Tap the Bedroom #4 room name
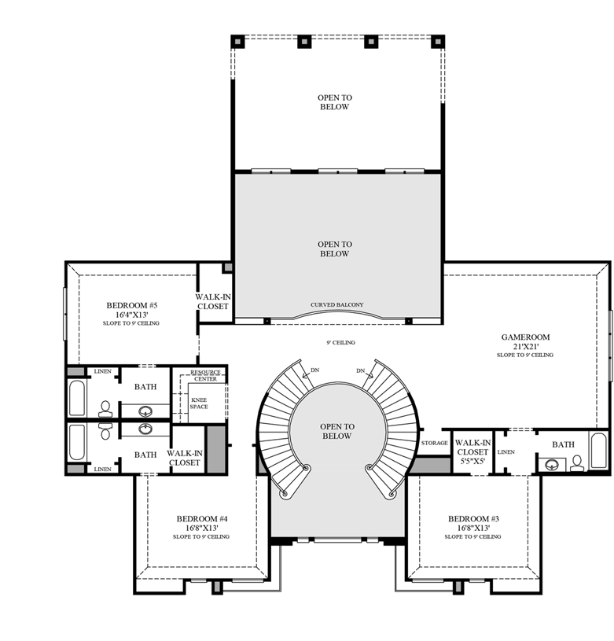[202, 518]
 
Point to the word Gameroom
[525, 337]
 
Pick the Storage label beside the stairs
[434, 444]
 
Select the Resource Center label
[206, 374]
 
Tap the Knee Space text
[199, 403]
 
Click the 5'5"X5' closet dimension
[472, 462]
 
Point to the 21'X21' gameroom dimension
[525, 346]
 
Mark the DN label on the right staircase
[361, 371]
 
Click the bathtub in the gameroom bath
[599, 451]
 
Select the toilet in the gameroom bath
[577, 462]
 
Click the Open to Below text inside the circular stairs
[336, 431]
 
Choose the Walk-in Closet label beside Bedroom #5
[212, 301]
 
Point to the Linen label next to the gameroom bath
[506, 451]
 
